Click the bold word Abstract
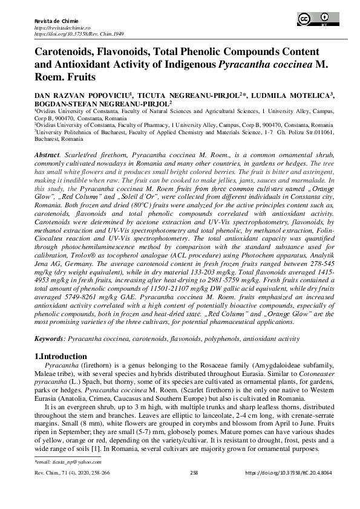pos(46,155)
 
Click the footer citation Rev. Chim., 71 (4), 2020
pos(67,473)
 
